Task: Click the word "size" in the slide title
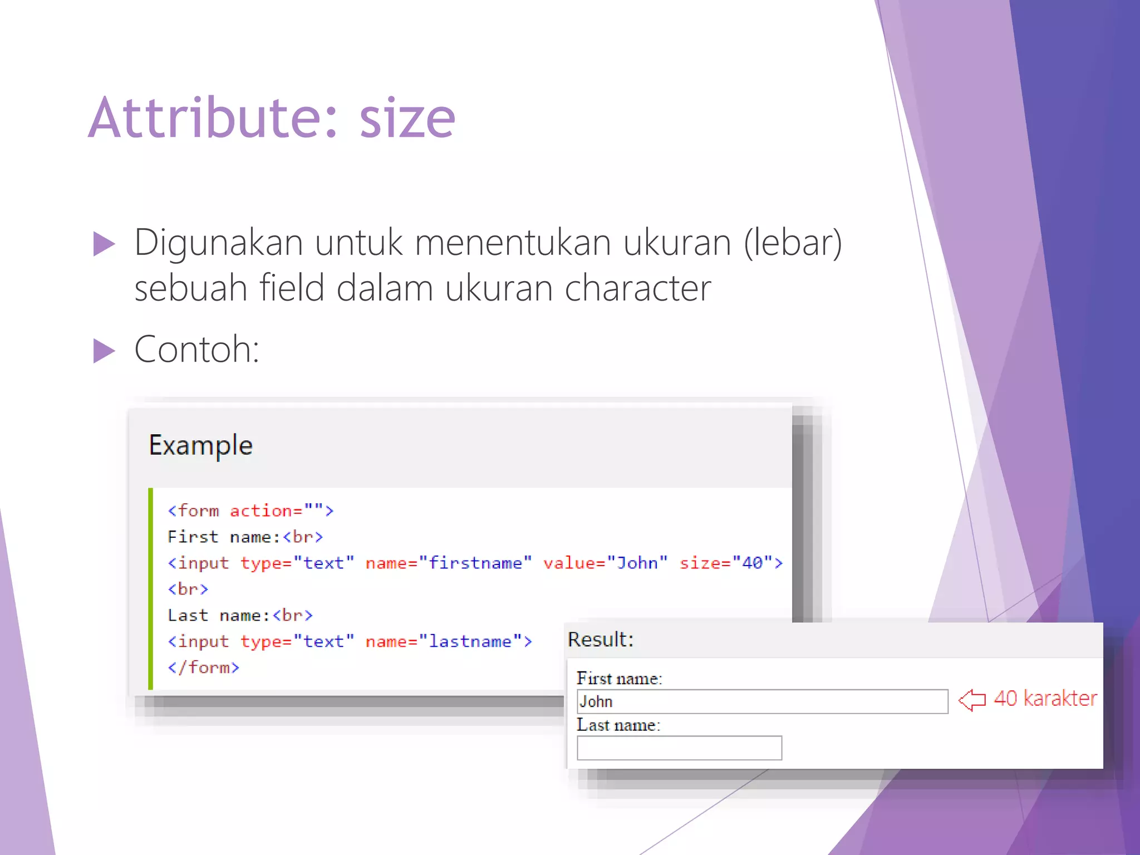pos(407,119)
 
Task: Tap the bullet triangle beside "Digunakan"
pos(104,244)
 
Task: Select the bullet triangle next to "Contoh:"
pos(104,351)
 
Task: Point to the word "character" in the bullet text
pos(638,288)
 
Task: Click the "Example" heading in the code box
pos(200,445)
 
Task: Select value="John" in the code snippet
pos(605,563)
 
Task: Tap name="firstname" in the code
pos(448,563)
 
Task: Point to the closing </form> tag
pos(204,667)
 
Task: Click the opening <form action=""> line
pos(250,510)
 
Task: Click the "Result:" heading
pos(601,640)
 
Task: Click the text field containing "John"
pos(762,701)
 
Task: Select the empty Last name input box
pos(679,748)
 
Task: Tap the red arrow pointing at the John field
pos(972,700)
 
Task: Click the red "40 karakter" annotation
pos(1045,699)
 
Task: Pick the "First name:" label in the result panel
pos(619,679)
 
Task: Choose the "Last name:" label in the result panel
pos(618,725)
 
